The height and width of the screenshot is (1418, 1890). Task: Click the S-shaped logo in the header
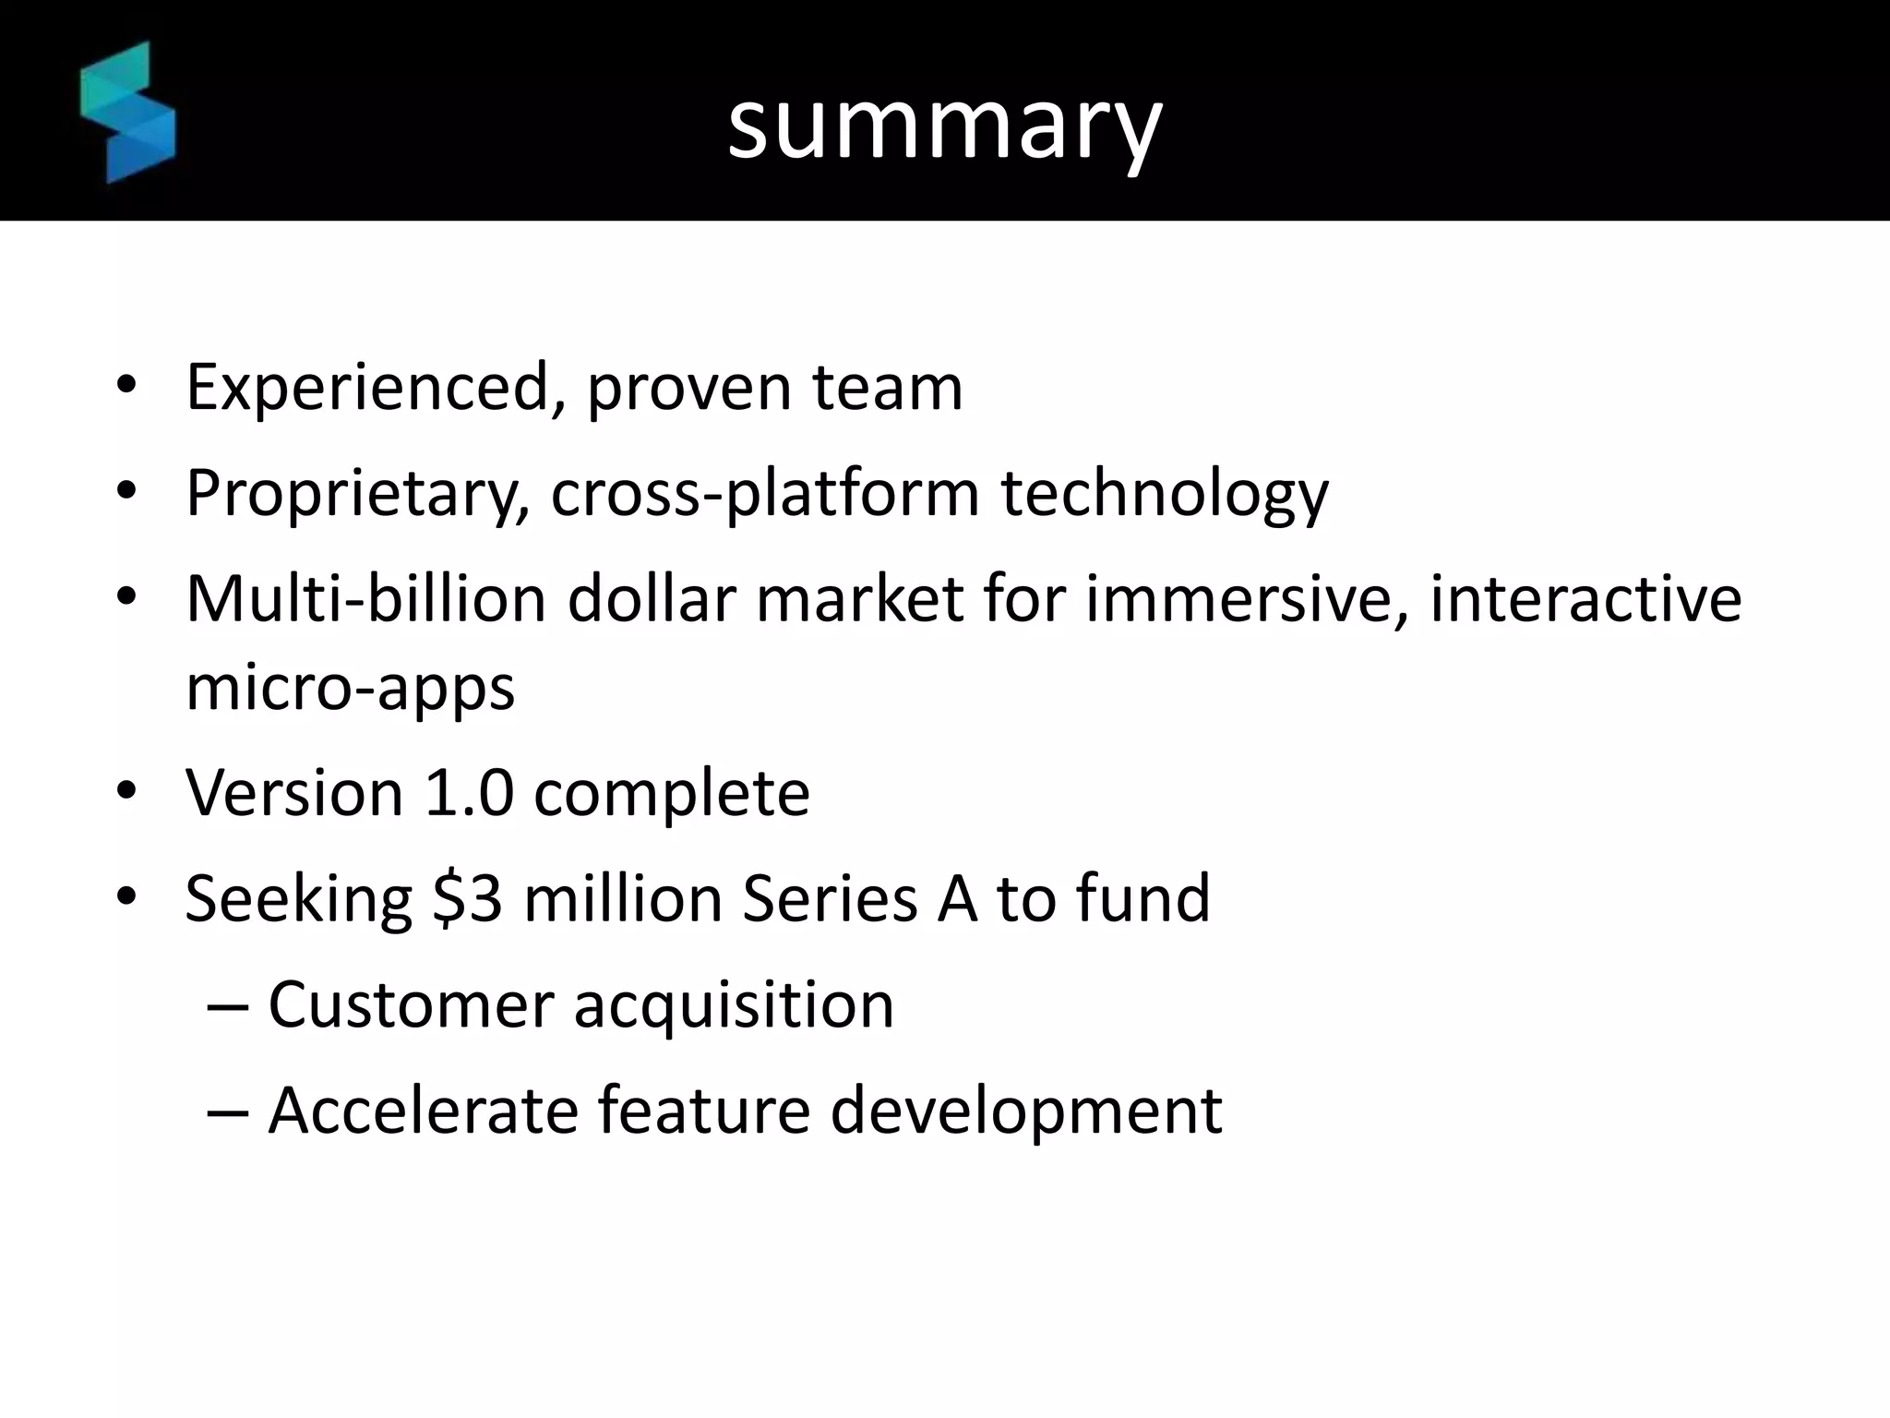click(x=127, y=113)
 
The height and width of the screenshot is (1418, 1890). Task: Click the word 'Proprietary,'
click(x=357, y=494)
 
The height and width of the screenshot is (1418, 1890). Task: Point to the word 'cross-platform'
click(x=765, y=494)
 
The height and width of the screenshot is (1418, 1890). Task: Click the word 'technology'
click(x=1165, y=494)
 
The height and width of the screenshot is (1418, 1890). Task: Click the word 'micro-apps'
click(x=350, y=689)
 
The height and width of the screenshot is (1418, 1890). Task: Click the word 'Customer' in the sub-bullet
click(x=411, y=1004)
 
